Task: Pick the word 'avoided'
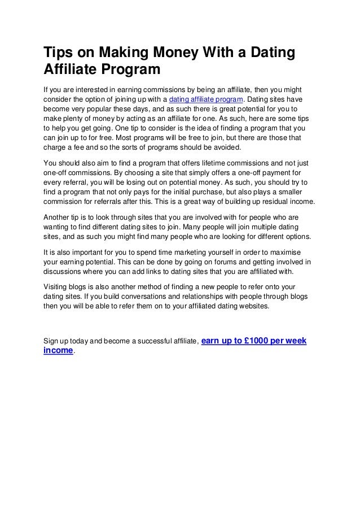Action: click(x=226, y=148)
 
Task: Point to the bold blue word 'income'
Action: click(x=58, y=351)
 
